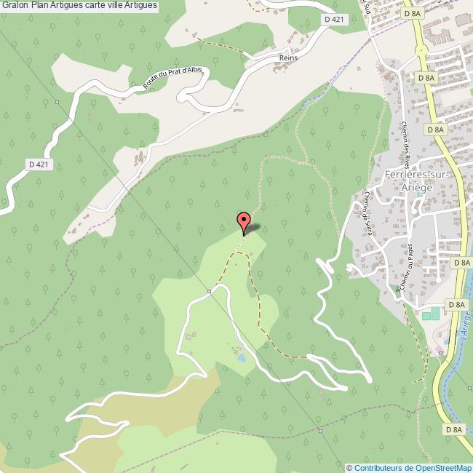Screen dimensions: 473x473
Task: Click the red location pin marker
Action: pyautogui.click(x=244, y=222)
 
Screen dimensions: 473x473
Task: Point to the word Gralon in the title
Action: pyautogui.click(x=15, y=6)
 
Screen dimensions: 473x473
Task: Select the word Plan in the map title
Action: pyautogui.click(x=40, y=6)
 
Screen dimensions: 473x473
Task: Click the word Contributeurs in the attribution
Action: pyautogui.click(x=379, y=468)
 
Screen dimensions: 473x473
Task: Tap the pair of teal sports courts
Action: pyautogui.click(x=431, y=313)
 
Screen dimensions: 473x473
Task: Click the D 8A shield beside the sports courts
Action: pyautogui.click(x=456, y=304)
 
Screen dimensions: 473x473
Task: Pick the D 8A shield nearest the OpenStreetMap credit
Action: pyautogui.click(x=453, y=430)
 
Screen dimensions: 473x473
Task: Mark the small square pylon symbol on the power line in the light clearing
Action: pyautogui.click(x=208, y=292)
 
